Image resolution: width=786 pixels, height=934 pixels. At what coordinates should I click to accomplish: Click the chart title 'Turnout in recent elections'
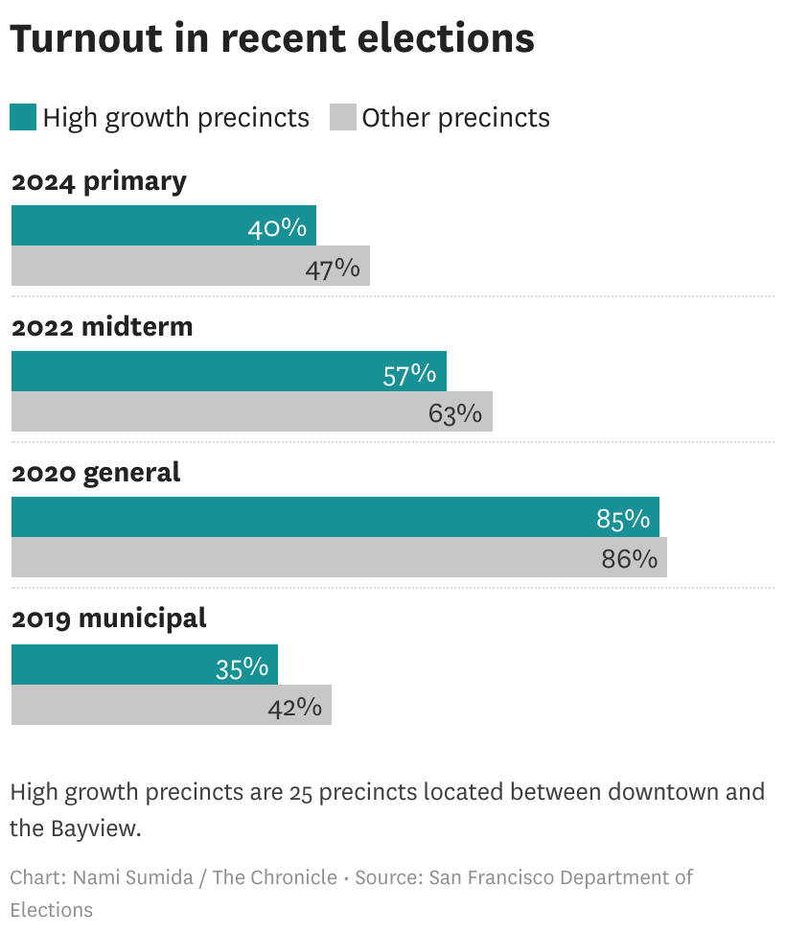(x=271, y=38)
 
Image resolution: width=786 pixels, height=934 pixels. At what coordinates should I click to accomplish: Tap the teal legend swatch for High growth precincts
(x=23, y=118)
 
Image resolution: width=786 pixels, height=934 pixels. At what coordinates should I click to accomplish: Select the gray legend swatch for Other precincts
(x=342, y=118)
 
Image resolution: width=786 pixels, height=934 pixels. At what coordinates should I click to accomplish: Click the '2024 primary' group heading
(x=99, y=181)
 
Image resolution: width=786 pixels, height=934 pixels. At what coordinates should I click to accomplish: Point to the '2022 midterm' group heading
(x=102, y=327)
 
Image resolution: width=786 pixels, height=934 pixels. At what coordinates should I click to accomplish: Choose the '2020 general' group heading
(x=96, y=473)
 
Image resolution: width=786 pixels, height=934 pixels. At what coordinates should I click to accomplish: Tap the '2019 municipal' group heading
(x=109, y=619)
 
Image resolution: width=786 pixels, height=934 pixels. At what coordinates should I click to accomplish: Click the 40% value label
(x=277, y=227)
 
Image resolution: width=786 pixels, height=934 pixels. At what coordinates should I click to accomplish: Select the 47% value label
(x=332, y=269)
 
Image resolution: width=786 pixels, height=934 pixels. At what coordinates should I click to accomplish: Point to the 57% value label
(x=409, y=374)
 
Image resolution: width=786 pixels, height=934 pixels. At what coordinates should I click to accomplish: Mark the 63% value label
(x=454, y=413)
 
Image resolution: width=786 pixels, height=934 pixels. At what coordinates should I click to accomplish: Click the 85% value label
(x=623, y=520)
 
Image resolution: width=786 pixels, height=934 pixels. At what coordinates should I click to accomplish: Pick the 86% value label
(x=630, y=559)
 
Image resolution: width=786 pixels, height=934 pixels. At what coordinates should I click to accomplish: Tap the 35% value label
(x=242, y=666)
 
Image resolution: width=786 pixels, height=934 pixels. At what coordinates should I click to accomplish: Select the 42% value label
(x=294, y=707)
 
